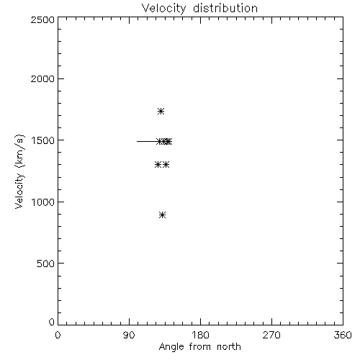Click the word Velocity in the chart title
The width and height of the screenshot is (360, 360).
[164, 9]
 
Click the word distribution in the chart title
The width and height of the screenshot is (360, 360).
[225, 8]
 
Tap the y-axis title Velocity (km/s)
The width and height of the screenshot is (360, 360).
[19, 172]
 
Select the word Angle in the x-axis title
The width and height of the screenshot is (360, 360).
[171, 347]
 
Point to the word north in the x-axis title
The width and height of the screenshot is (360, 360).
[229, 346]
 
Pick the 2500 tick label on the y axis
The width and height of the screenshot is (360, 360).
[42, 19]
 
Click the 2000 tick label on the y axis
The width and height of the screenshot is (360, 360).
[42, 78]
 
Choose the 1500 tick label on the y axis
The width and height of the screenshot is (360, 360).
[43, 140]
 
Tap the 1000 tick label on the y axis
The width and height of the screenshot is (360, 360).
[43, 202]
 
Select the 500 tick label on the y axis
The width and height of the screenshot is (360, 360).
[46, 264]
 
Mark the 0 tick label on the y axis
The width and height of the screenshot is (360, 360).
[52, 322]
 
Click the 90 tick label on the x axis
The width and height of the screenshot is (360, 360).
[129, 335]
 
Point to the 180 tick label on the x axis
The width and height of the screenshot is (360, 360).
[200, 335]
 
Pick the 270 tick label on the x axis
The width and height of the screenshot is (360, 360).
[271, 335]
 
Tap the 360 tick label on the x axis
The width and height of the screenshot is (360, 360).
[343, 335]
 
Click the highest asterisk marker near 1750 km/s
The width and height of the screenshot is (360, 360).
[161, 112]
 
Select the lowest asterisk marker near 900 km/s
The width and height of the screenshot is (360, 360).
[163, 215]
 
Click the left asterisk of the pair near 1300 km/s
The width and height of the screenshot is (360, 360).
[158, 165]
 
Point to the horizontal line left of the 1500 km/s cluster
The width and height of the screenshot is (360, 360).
[147, 141]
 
